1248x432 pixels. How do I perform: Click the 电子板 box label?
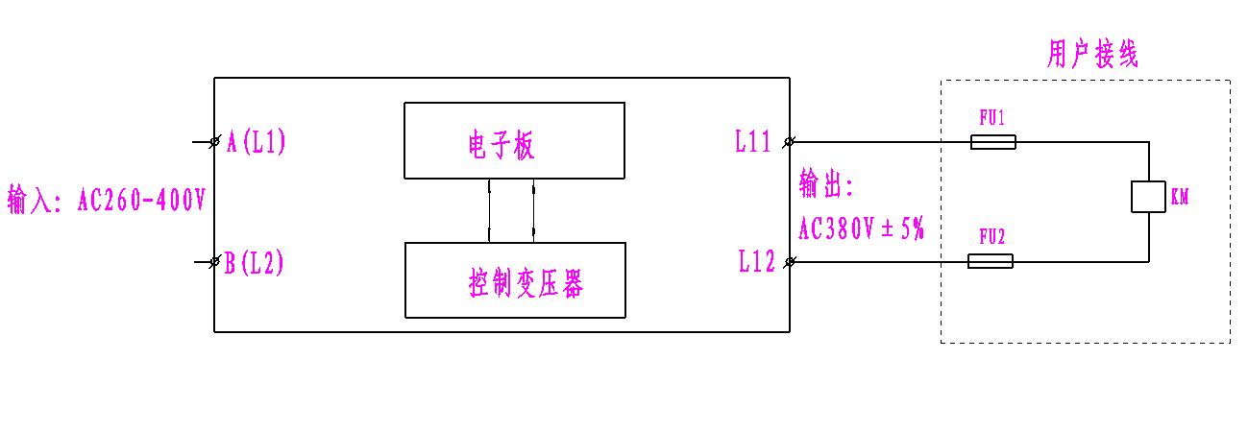click(495, 146)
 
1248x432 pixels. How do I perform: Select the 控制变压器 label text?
click(526, 284)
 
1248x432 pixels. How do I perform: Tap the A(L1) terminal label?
click(256, 142)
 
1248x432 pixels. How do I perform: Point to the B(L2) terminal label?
click(255, 263)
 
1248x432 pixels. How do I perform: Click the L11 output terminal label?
click(753, 143)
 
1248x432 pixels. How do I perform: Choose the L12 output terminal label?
click(756, 262)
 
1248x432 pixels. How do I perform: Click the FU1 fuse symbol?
click(992, 142)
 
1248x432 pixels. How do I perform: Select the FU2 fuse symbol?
click(990, 261)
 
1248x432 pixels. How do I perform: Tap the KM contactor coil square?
click(1148, 196)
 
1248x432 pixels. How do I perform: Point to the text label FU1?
click(991, 118)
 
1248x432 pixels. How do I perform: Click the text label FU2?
click(991, 236)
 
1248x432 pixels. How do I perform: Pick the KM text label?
click(1180, 198)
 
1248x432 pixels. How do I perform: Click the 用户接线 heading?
click(1091, 57)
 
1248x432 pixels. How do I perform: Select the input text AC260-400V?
click(141, 203)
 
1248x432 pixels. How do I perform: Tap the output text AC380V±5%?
click(861, 229)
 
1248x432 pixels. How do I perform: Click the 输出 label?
click(825, 183)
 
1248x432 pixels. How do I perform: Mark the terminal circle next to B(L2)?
click(214, 262)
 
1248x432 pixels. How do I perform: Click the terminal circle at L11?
click(790, 142)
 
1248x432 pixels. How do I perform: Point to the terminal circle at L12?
click(790, 261)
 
